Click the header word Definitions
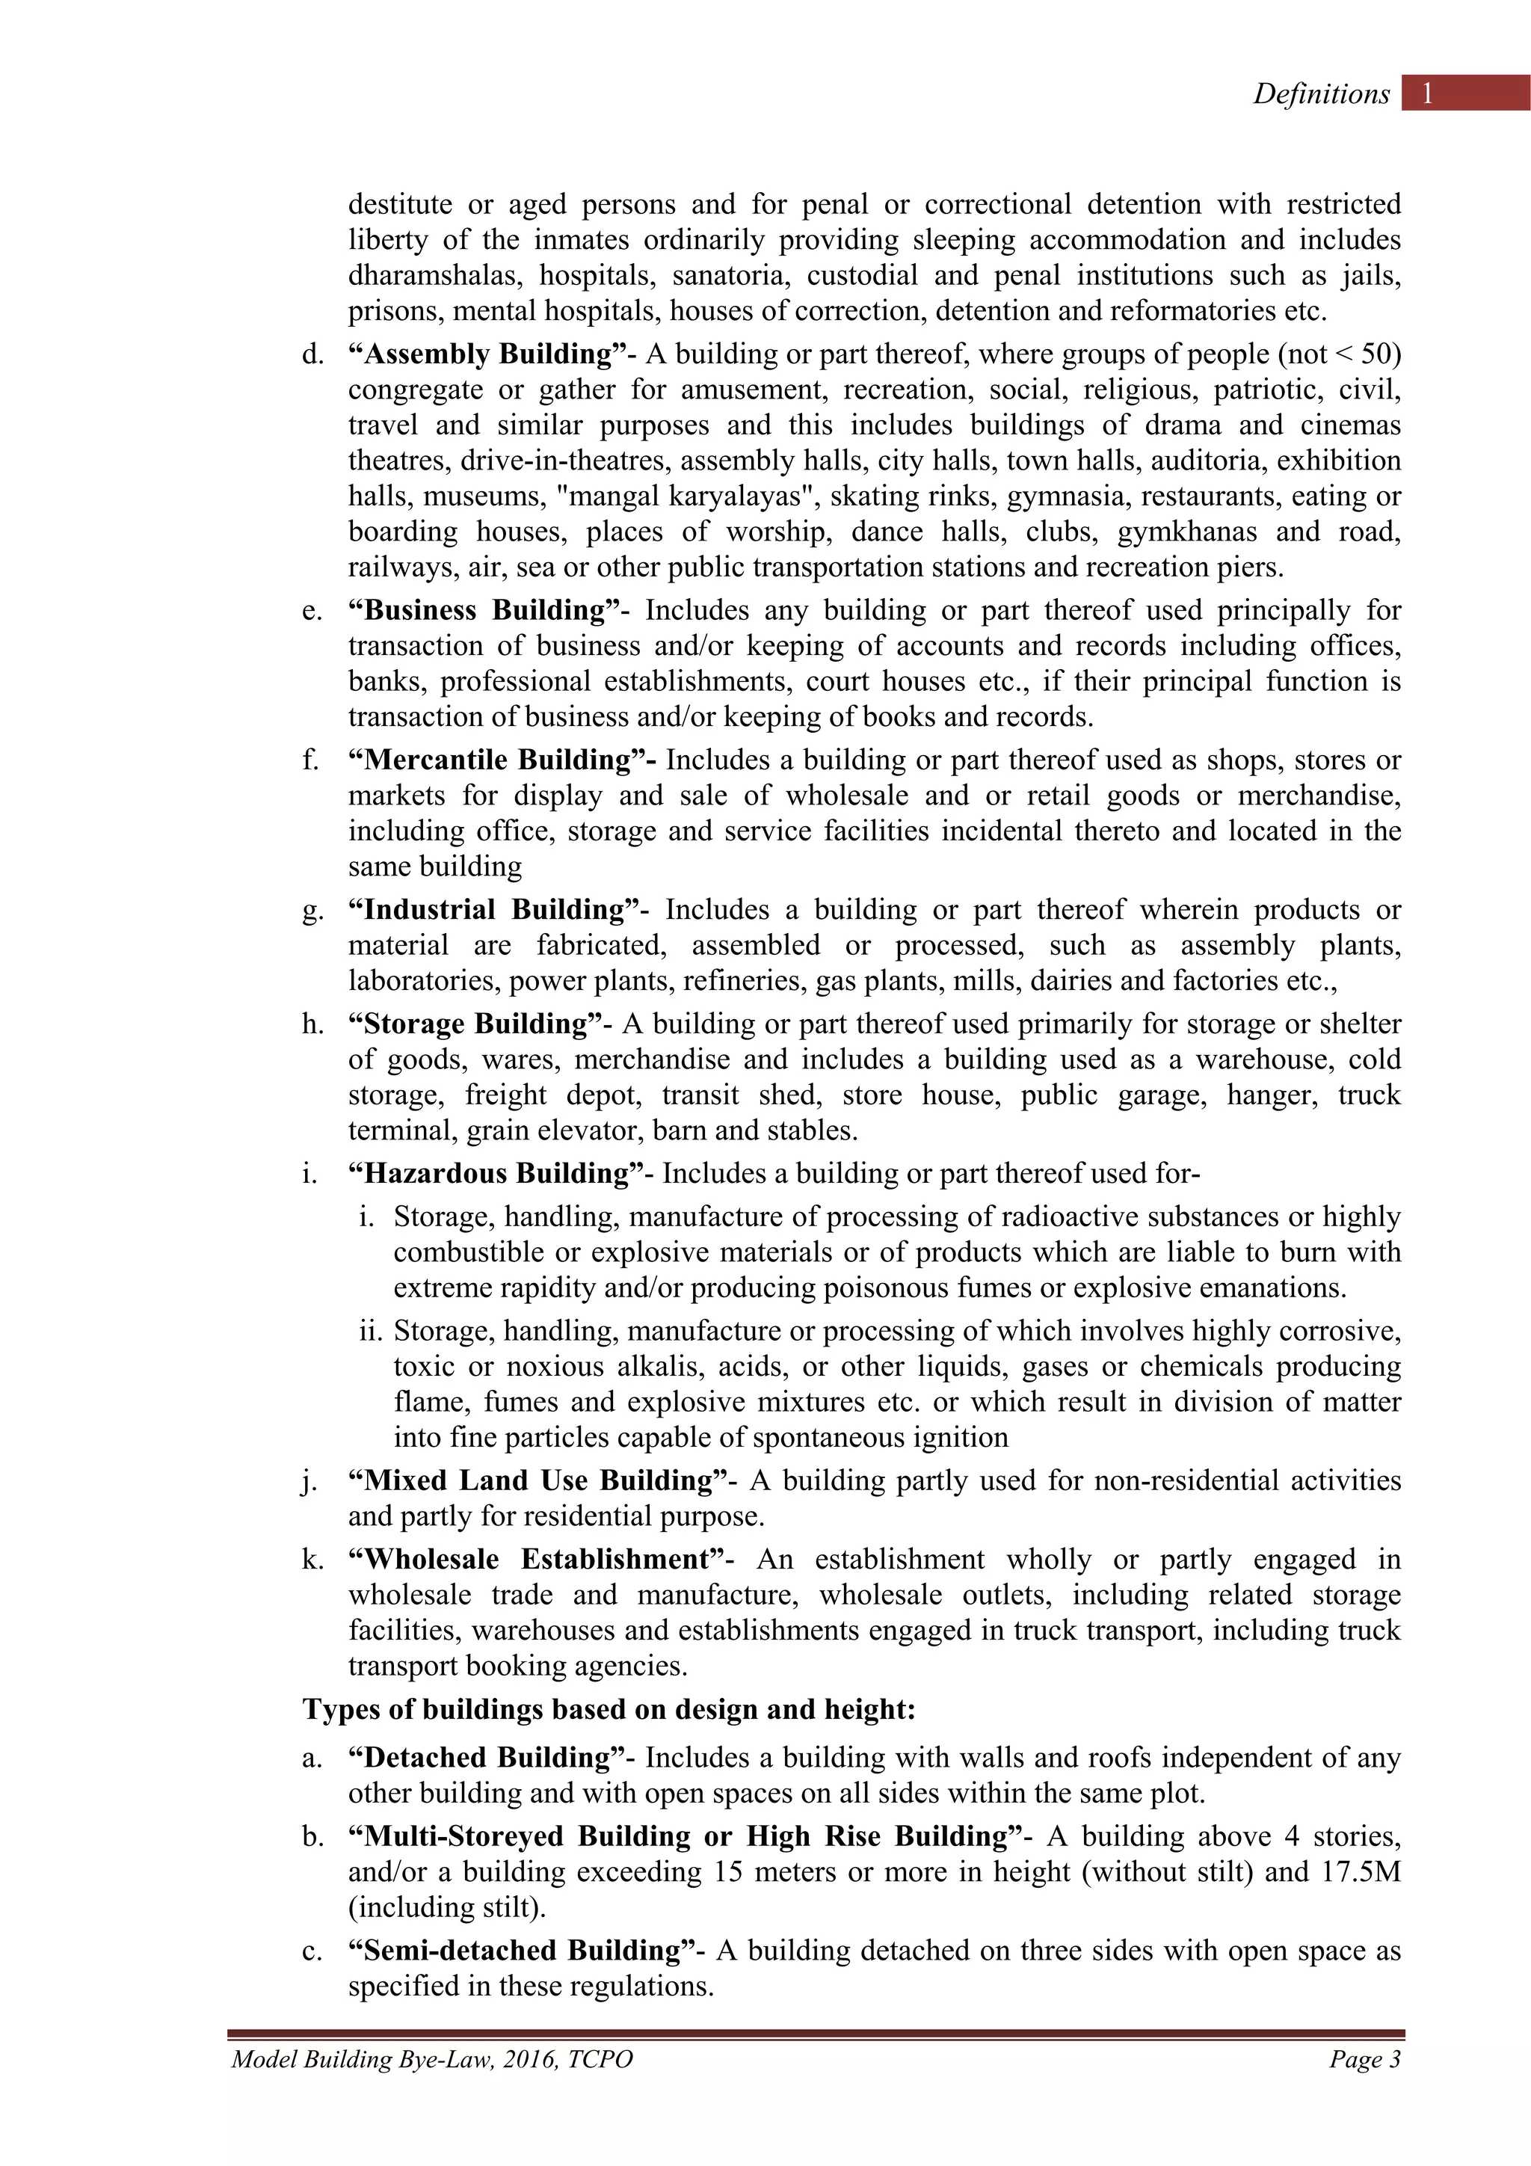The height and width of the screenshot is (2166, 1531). click(1321, 93)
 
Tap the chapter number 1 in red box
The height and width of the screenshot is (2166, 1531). click(1427, 93)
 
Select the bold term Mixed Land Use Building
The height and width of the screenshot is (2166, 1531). click(537, 1480)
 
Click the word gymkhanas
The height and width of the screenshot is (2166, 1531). click(1186, 532)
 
